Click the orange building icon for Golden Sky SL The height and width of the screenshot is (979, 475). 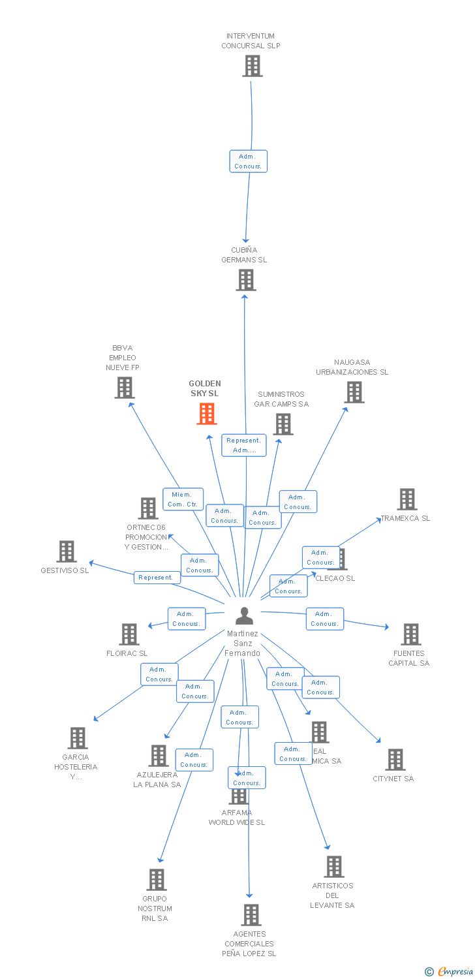click(x=207, y=414)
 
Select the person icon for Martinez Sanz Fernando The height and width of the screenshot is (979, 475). click(x=244, y=615)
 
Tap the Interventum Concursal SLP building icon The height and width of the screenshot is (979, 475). click(x=252, y=66)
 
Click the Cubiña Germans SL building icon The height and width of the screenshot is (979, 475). click(x=245, y=280)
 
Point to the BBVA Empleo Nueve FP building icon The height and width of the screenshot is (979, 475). click(x=124, y=388)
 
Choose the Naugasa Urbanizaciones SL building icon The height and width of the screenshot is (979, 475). click(x=354, y=392)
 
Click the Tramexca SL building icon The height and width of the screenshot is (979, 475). click(x=407, y=499)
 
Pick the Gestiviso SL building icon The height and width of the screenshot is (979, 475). click(x=67, y=552)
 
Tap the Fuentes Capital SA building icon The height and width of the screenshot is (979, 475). click(x=410, y=634)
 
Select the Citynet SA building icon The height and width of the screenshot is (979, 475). click(x=395, y=760)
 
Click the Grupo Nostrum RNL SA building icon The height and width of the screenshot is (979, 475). click(x=157, y=880)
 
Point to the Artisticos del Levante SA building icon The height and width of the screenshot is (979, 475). click(x=333, y=867)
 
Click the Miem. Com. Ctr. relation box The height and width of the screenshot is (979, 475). click(x=183, y=499)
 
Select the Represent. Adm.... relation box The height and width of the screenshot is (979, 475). click(x=243, y=445)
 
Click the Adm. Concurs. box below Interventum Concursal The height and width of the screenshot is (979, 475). click(x=248, y=161)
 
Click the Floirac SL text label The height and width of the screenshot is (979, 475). click(x=127, y=653)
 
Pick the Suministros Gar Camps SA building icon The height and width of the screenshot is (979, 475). click(x=283, y=424)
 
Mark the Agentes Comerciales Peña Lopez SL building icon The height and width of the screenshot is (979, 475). click(x=251, y=915)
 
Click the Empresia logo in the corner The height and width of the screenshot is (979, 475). click(x=449, y=972)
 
